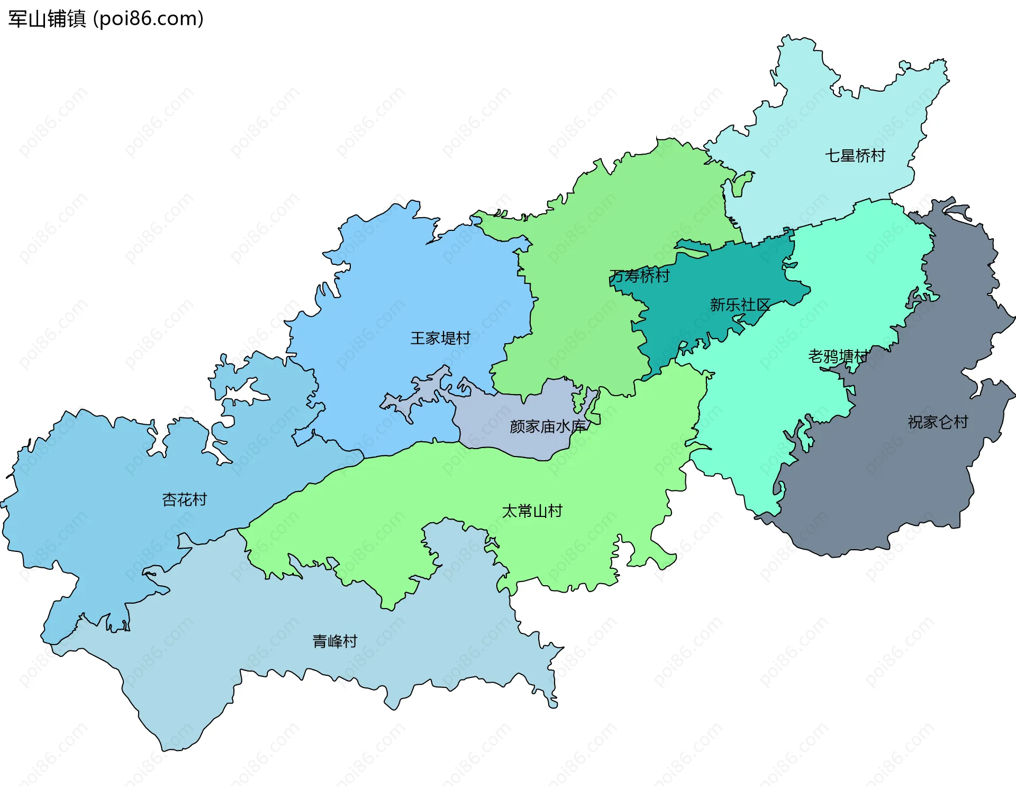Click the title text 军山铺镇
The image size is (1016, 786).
(x=47, y=19)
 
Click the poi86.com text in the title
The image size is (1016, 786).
(x=148, y=19)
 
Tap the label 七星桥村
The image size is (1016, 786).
(x=855, y=156)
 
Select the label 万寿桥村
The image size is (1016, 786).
(x=639, y=276)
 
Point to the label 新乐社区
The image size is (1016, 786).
(x=739, y=305)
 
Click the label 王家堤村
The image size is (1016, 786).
(x=440, y=338)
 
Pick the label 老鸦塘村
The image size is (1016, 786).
(x=838, y=356)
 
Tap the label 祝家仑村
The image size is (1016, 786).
(x=938, y=422)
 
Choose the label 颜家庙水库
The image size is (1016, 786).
(x=548, y=426)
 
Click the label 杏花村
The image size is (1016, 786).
(x=184, y=499)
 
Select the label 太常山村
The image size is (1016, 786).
(x=532, y=511)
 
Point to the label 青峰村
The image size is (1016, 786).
(x=334, y=641)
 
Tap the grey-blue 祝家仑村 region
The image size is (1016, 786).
(x=900, y=477)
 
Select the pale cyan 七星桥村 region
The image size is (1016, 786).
(x=825, y=106)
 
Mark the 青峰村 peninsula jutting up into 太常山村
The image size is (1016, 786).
(x=460, y=551)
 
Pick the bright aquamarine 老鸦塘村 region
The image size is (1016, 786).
(x=857, y=275)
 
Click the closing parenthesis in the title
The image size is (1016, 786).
(x=200, y=19)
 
